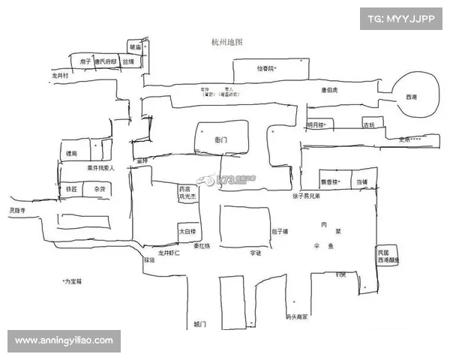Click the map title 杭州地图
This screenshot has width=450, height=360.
(227, 43)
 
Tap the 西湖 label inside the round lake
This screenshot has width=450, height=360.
(411, 97)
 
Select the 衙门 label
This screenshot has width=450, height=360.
(220, 140)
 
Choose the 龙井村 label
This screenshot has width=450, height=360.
(60, 76)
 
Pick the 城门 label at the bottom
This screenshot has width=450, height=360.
(199, 323)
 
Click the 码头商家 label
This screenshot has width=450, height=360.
(297, 316)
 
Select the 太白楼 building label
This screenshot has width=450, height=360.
(187, 232)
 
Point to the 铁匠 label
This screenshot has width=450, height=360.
(72, 190)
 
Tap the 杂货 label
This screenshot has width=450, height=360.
(100, 190)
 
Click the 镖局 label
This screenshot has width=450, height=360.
(72, 153)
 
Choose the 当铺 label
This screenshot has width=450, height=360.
(362, 182)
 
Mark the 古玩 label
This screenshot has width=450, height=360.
(368, 125)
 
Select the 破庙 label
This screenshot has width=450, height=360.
(136, 47)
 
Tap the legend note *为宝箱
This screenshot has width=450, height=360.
(73, 281)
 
